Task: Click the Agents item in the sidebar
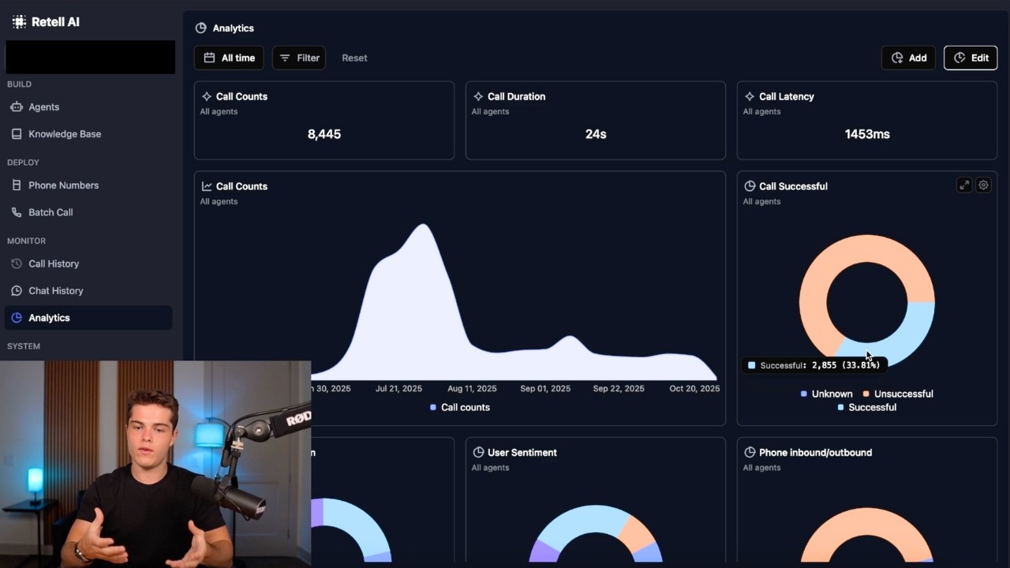[x=43, y=106]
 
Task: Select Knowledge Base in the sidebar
[x=64, y=134]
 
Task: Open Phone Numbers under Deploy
[x=63, y=185]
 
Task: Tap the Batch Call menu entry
[x=50, y=212]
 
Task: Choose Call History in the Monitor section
[x=54, y=263]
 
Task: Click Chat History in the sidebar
[x=55, y=290]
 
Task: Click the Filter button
[x=299, y=58]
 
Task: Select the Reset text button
[x=354, y=58]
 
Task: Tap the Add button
[x=908, y=58]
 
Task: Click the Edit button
[x=971, y=58]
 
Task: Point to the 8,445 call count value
[x=324, y=134]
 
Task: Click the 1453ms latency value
[x=867, y=134]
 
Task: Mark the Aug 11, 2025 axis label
[x=472, y=388]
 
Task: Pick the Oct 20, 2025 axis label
[x=694, y=388]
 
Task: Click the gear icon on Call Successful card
[x=983, y=185]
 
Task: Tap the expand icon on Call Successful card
[x=964, y=185]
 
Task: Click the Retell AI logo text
[x=55, y=22]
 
